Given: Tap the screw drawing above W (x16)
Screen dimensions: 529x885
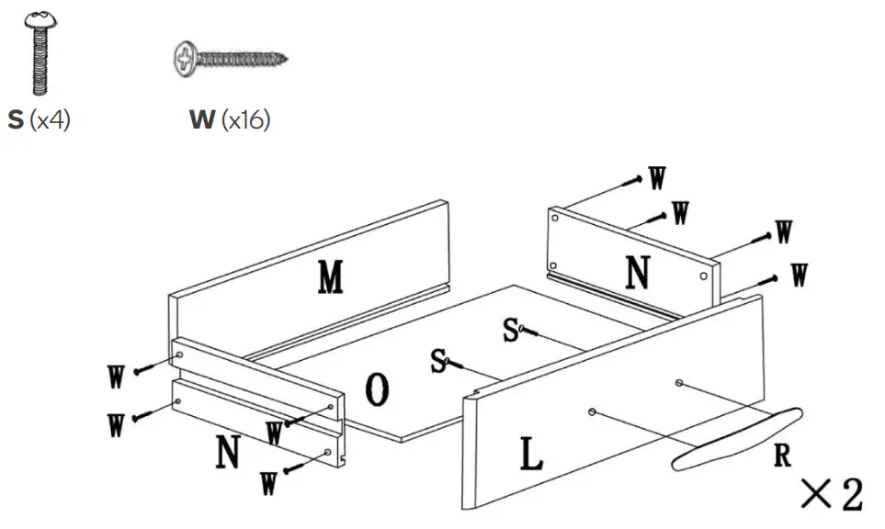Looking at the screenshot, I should pyautogui.click(x=230, y=60).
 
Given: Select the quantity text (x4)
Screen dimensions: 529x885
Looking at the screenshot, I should pyautogui.click(x=50, y=120).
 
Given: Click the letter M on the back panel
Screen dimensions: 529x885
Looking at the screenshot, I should pyautogui.click(x=331, y=277).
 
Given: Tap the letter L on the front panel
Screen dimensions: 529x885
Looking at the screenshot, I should pyautogui.click(x=528, y=453).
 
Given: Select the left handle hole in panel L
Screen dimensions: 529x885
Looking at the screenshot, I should pyautogui.click(x=594, y=411).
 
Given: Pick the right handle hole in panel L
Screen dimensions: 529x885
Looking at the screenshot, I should pyautogui.click(x=678, y=382).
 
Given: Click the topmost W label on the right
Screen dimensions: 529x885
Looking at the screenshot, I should pyautogui.click(x=657, y=178).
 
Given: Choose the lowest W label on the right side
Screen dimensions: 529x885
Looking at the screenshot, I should pyautogui.click(x=800, y=274).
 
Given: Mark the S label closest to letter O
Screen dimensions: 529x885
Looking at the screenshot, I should pyautogui.click(x=439, y=361).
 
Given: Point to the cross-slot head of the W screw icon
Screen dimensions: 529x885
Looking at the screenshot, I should pyautogui.click(x=187, y=60).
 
